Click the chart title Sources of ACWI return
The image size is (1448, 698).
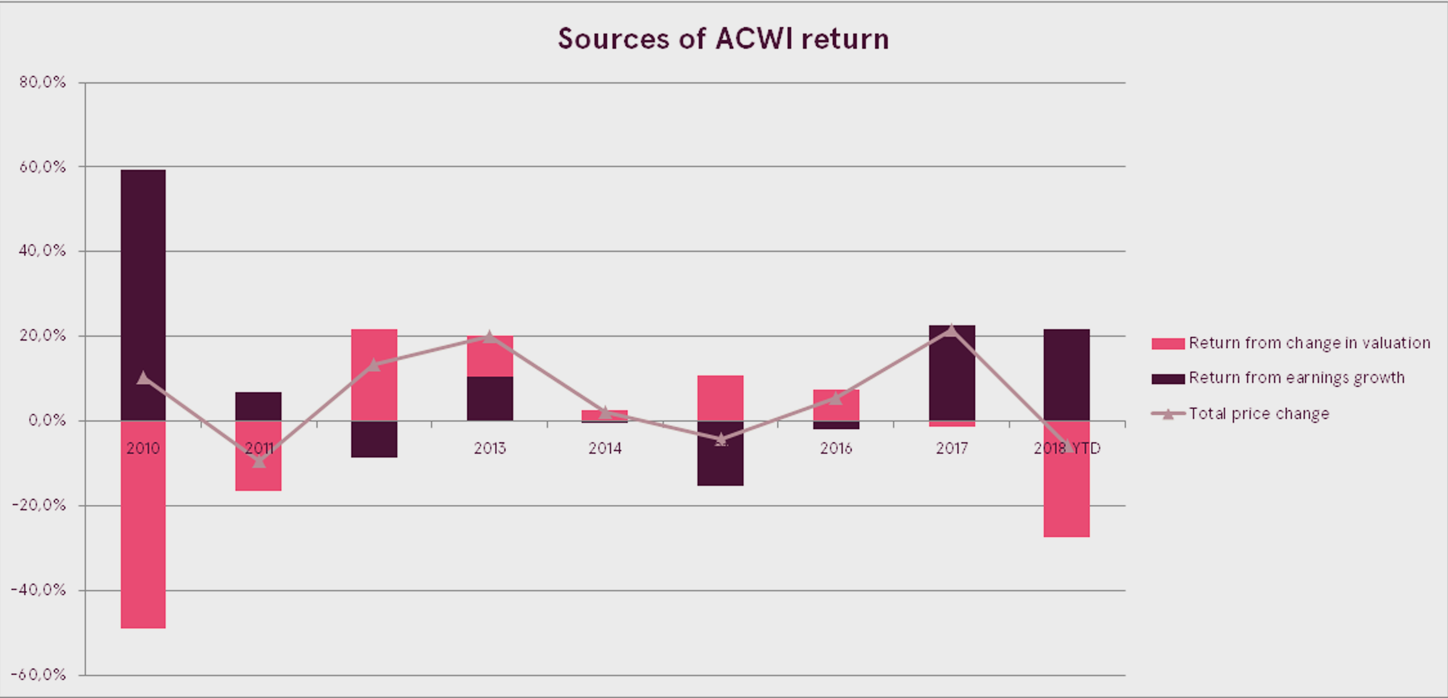click(723, 39)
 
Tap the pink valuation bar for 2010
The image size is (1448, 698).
click(143, 528)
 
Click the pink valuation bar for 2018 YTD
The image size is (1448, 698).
click(1066, 494)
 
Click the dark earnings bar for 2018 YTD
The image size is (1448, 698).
click(1066, 374)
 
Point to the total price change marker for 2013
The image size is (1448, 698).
click(490, 337)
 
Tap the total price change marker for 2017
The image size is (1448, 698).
click(951, 330)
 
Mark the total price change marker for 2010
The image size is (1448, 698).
click(143, 378)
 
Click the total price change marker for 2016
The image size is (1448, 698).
click(836, 398)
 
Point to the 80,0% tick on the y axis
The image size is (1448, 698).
click(43, 83)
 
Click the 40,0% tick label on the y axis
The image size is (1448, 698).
click(43, 251)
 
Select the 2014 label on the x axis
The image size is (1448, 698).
click(605, 448)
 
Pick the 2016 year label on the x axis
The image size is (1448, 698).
click(836, 448)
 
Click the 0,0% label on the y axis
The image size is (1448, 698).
click(47, 421)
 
